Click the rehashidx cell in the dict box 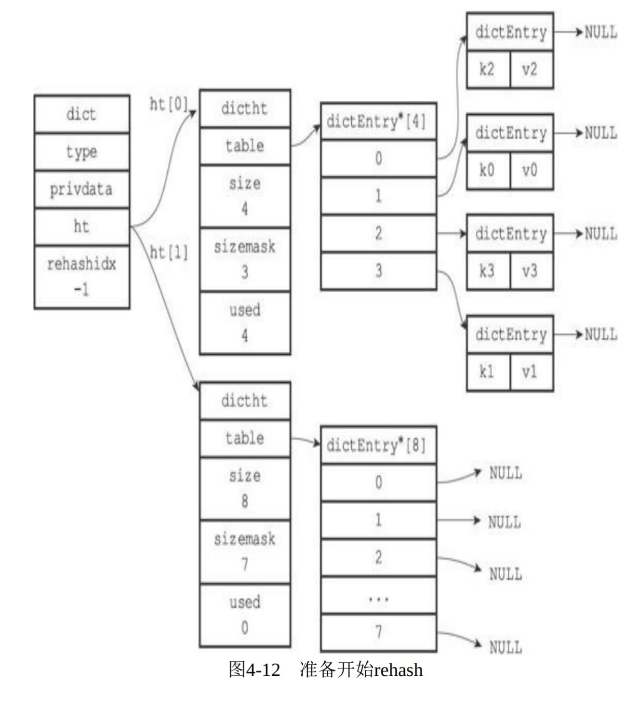[81, 276]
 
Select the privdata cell [81, 189]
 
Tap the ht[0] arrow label [168, 104]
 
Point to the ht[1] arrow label [169, 252]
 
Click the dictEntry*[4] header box [378, 121]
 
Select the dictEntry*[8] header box [378, 445]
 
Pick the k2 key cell [487, 70]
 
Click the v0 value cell [530, 171]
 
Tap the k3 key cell [487, 271]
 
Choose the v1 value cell [530, 372]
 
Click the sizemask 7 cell [245, 551]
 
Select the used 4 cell [245, 322]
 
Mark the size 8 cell [245, 488]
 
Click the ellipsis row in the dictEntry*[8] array [378, 595]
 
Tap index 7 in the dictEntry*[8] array [378, 632]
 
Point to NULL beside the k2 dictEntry [601, 33]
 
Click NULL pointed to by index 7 [506, 647]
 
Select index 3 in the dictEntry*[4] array [378, 271]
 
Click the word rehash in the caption [398, 670]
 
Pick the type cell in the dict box [81, 152]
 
